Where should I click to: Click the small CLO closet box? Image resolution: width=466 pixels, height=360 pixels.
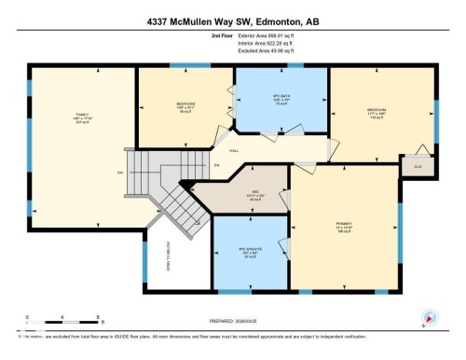tap(412, 166)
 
